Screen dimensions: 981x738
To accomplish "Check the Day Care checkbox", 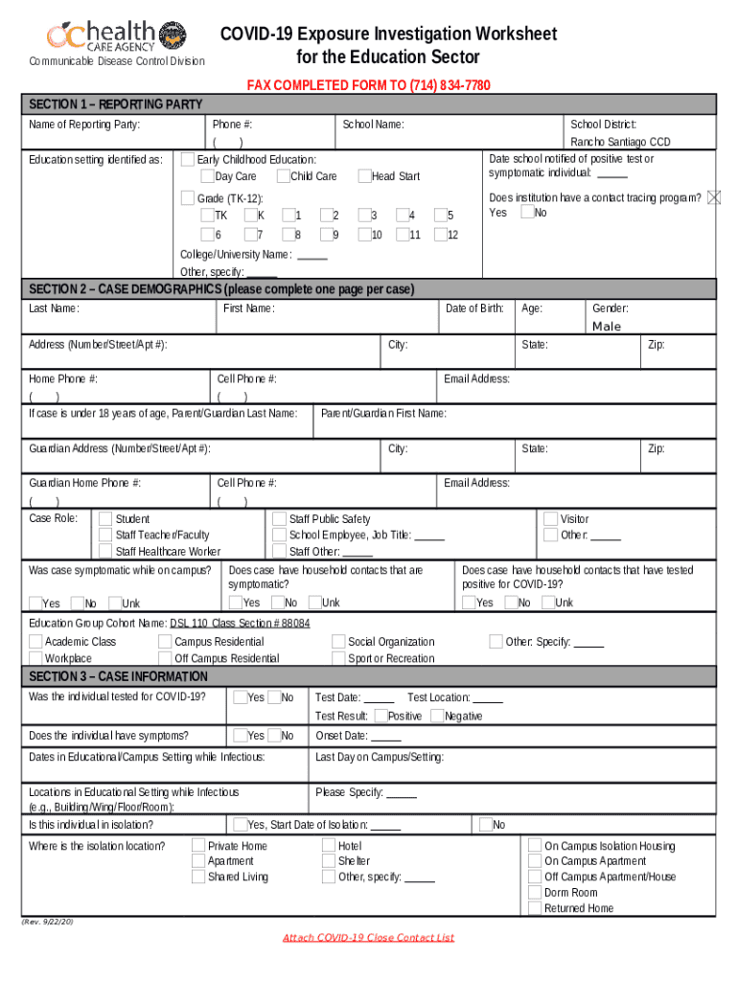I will click(x=208, y=176).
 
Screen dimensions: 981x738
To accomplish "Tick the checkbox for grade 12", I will click(x=440, y=235).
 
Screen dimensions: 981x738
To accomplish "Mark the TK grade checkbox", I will click(x=208, y=216).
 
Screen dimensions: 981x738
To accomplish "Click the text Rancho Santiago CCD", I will click(x=620, y=142).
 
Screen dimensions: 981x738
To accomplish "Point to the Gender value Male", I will click(x=607, y=327).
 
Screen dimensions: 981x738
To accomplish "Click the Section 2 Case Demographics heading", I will click(x=220, y=289).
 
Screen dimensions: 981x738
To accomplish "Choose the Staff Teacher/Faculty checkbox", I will click(x=105, y=535).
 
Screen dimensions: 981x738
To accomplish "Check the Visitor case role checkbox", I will click(x=550, y=518).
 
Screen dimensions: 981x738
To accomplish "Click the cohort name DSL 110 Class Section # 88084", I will click(x=240, y=623).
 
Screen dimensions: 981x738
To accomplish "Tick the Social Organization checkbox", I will click(x=339, y=642).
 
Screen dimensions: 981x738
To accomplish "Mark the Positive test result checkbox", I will click(x=381, y=716).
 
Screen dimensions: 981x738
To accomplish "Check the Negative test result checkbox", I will click(x=437, y=716).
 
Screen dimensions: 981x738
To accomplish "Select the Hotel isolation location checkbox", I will click(x=330, y=846).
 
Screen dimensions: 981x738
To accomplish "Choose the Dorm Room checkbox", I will click(x=535, y=893).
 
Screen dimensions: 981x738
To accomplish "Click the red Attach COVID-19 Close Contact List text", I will click(x=368, y=937).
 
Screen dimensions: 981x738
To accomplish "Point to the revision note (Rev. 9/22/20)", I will click(x=48, y=921).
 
